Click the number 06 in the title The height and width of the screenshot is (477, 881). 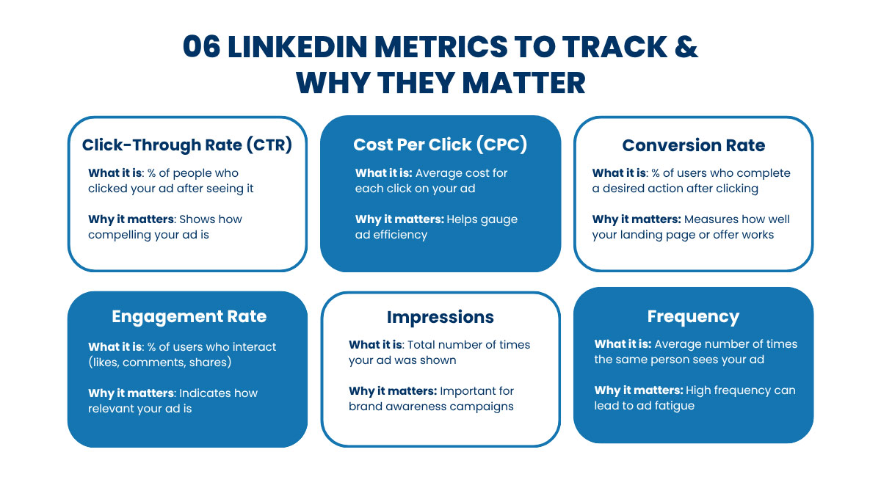201,47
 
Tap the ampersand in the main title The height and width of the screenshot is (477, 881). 686,47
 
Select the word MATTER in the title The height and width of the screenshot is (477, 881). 523,84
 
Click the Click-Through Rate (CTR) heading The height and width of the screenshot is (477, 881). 186,145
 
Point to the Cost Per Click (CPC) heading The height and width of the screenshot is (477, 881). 440,145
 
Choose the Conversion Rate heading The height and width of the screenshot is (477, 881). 693,145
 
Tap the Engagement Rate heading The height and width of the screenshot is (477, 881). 189,317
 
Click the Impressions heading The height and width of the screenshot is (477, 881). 440,317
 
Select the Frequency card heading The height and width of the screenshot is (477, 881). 693,317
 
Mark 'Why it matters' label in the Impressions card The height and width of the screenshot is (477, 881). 393,391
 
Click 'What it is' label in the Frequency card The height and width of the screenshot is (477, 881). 623,344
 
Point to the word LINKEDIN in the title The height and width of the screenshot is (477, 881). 298,47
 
